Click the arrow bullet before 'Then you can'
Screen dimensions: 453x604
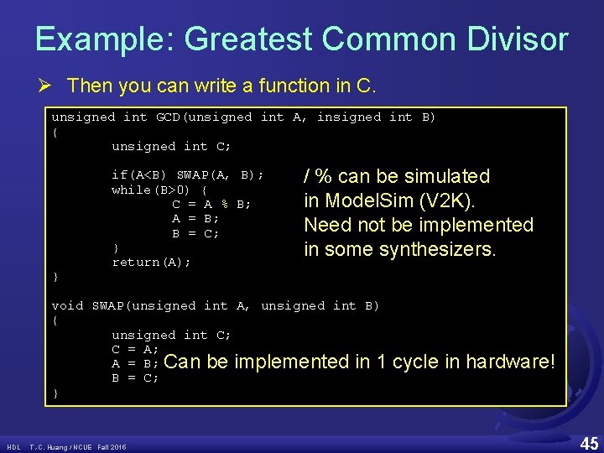pos(51,86)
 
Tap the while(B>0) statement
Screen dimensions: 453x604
pos(152,190)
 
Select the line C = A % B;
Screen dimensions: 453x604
pos(211,204)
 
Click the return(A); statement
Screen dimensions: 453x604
pos(151,263)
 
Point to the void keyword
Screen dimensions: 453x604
pos(67,306)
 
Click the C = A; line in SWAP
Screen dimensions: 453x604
pos(135,349)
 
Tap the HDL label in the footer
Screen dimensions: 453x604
pos(13,446)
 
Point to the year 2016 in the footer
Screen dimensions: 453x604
pos(117,446)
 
